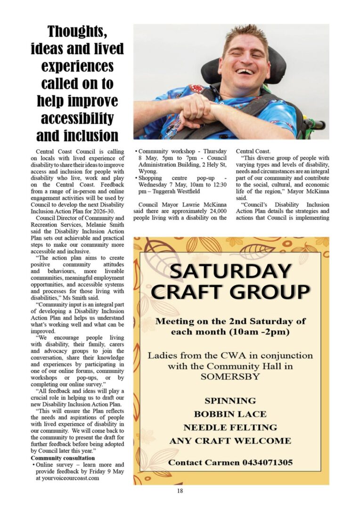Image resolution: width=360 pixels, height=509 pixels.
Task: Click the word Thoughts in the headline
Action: point(77,32)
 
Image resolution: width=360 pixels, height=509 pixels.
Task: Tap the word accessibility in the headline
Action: point(77,117)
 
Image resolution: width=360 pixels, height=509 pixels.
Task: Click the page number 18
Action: point(180,491)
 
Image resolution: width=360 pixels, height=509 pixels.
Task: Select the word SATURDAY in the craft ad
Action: point(230,271)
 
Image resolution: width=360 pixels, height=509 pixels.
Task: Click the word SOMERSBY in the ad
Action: point(230,377)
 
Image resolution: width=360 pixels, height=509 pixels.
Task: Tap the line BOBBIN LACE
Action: point(230,414)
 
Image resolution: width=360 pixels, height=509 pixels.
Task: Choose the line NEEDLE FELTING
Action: point(230,427)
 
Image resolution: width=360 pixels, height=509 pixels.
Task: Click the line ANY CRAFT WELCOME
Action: point(230,441)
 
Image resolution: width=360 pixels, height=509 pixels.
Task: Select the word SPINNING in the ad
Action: point(230,401)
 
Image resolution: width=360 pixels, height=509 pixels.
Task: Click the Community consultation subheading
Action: point(63,458)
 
